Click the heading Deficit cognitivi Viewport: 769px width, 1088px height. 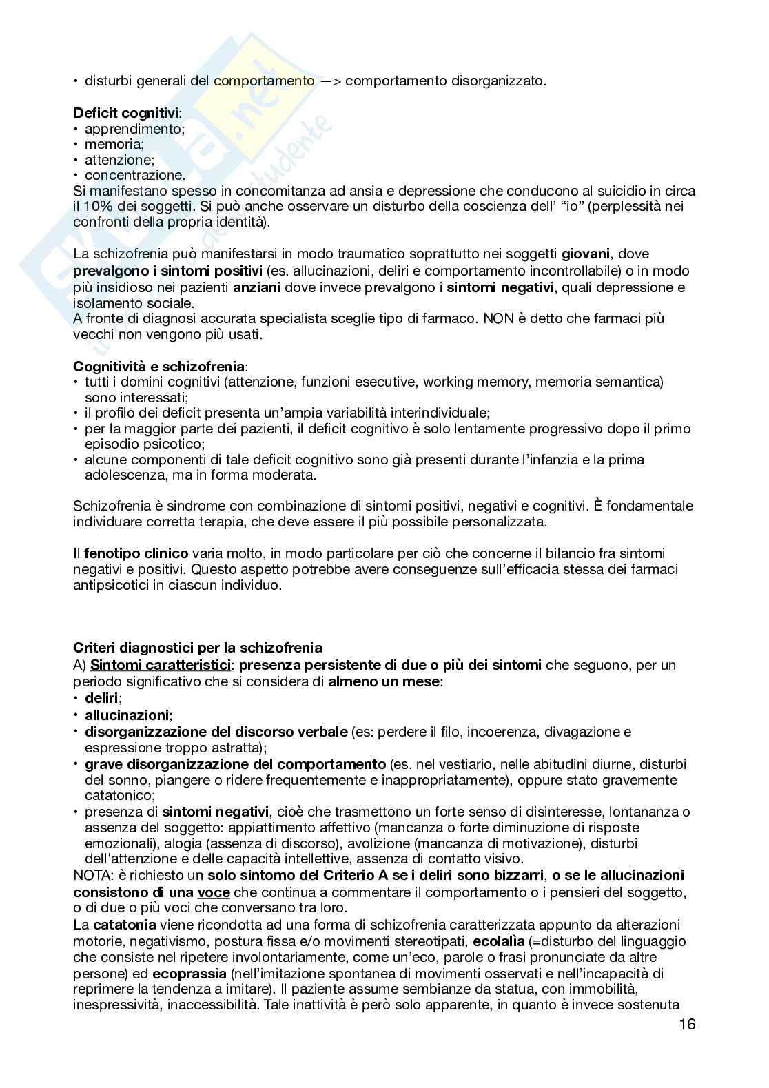tap(126, 112)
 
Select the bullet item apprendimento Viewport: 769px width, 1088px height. tap(134, 129)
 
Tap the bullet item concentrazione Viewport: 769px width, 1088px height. tap(134, 175)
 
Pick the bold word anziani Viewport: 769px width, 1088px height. tap(256, 287)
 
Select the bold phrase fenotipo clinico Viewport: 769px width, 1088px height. tap(136, 553)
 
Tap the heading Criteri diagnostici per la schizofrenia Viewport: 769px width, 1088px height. tap(197, 648)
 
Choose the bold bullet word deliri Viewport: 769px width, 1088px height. tap(101, 699)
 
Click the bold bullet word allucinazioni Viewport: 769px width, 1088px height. tap(127, 715)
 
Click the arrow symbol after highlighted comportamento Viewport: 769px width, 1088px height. tap(329, 81)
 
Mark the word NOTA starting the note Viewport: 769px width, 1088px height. tap(90, 876)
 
